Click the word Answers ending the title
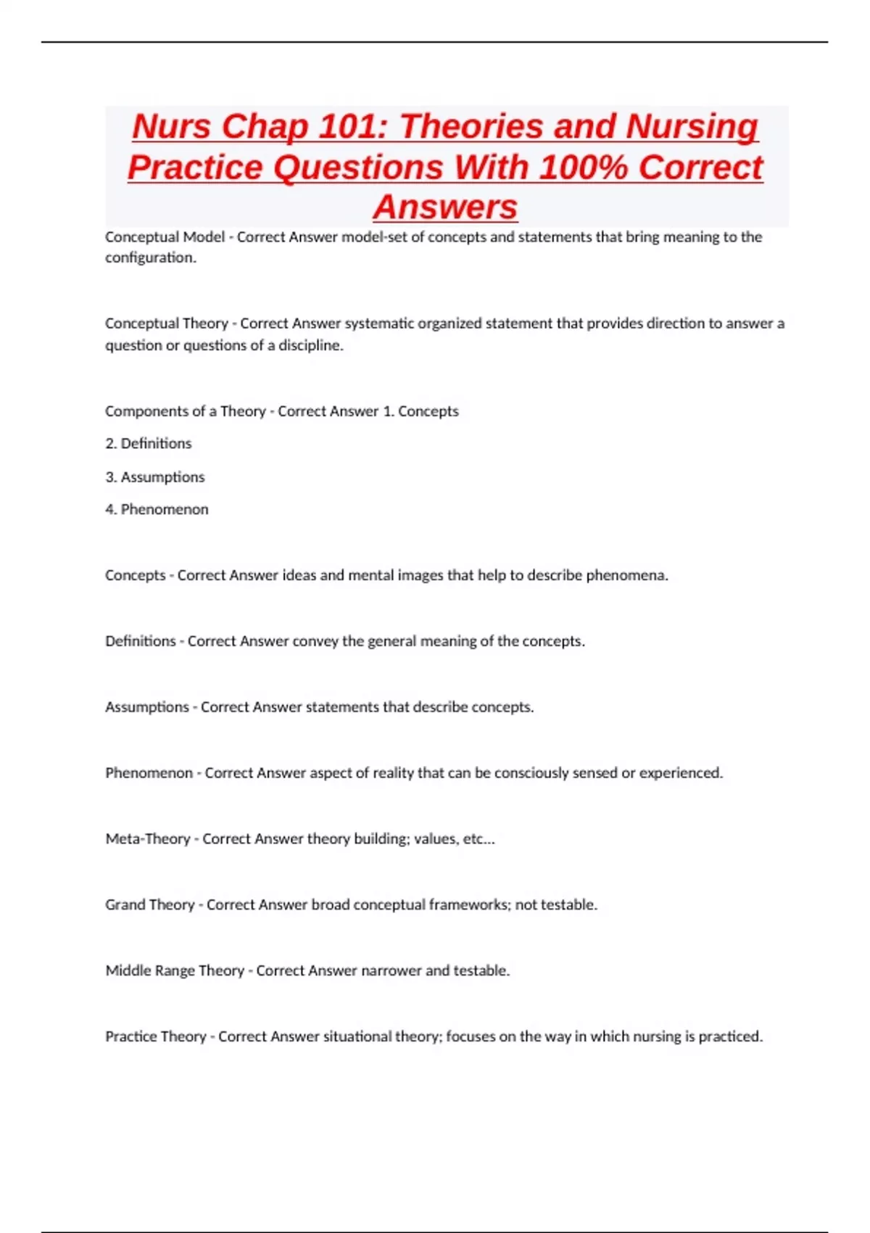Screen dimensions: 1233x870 click(445, 207)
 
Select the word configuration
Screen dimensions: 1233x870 click(150, 257)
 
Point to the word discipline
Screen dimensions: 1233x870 click(311, 345)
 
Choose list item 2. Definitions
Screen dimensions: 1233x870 click(149, 443)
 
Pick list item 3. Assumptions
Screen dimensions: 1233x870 click(155, 477)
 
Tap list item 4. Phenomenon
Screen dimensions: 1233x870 click(157, 509)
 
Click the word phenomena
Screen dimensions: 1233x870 click(626, 575)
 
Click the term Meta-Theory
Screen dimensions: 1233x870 click(148, 839)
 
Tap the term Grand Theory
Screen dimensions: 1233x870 click(150, 905)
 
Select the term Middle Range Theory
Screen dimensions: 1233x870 click(175, 970)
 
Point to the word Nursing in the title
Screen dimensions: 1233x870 click(692, 126)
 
